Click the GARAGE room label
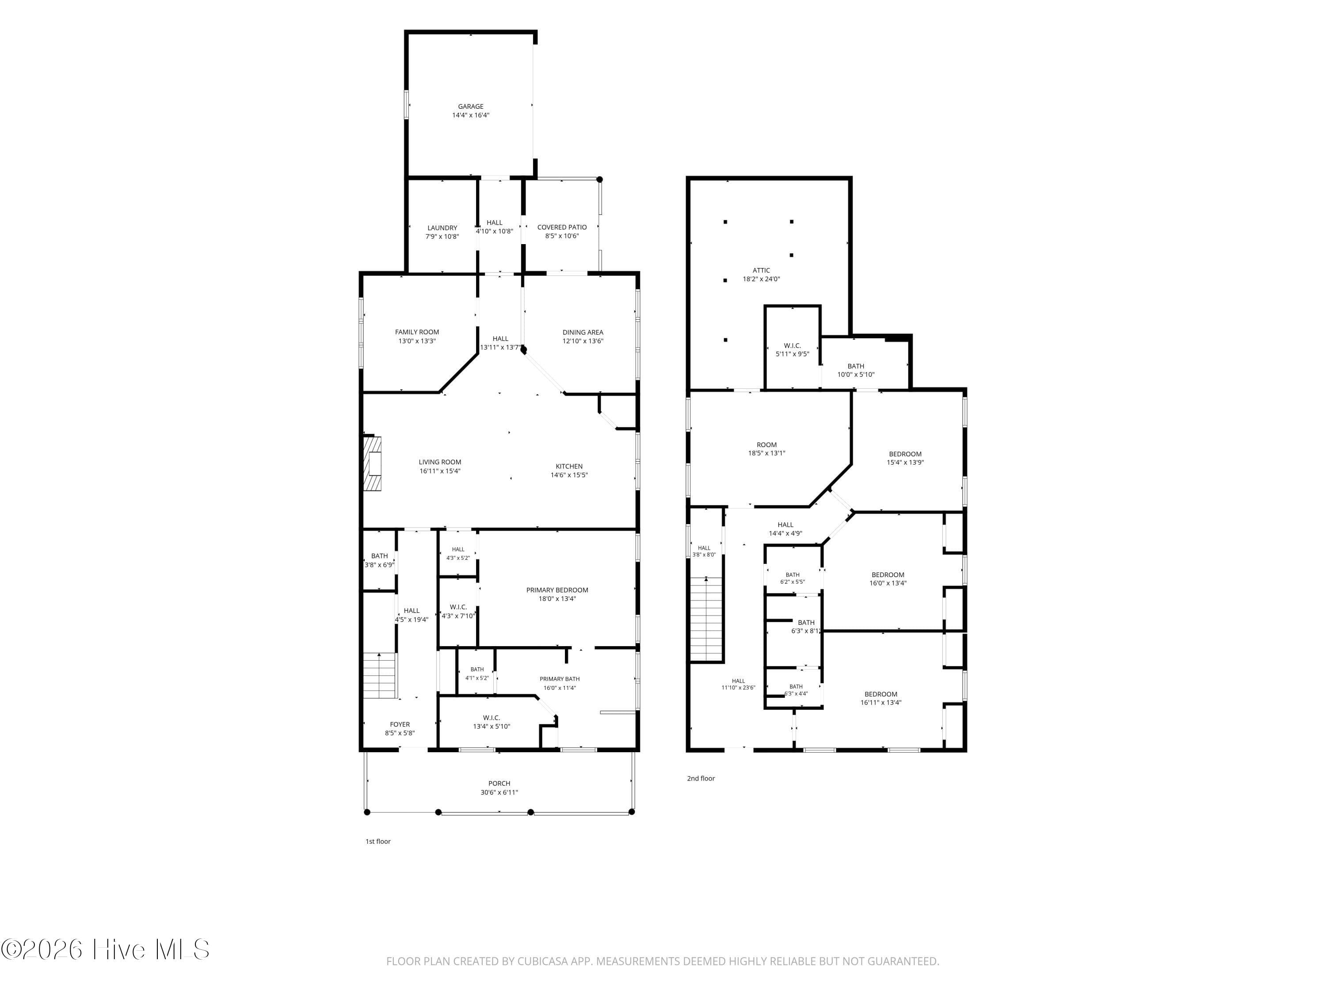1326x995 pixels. coord(471,107)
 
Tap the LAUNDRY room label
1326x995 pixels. coord(442,228)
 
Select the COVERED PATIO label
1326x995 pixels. coord(562,227)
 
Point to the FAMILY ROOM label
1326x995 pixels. coord(417,332)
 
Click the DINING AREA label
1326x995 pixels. coord(583,332)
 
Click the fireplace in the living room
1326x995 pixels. coord(372,463)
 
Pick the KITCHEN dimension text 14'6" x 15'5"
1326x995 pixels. coord(569,475)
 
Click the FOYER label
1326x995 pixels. coord(400,724)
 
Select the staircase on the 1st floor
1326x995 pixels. coord(379,676)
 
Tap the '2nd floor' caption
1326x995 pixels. coord(701,778)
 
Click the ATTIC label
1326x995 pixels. coord(761,271)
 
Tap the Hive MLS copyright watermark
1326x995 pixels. coord(106,949)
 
